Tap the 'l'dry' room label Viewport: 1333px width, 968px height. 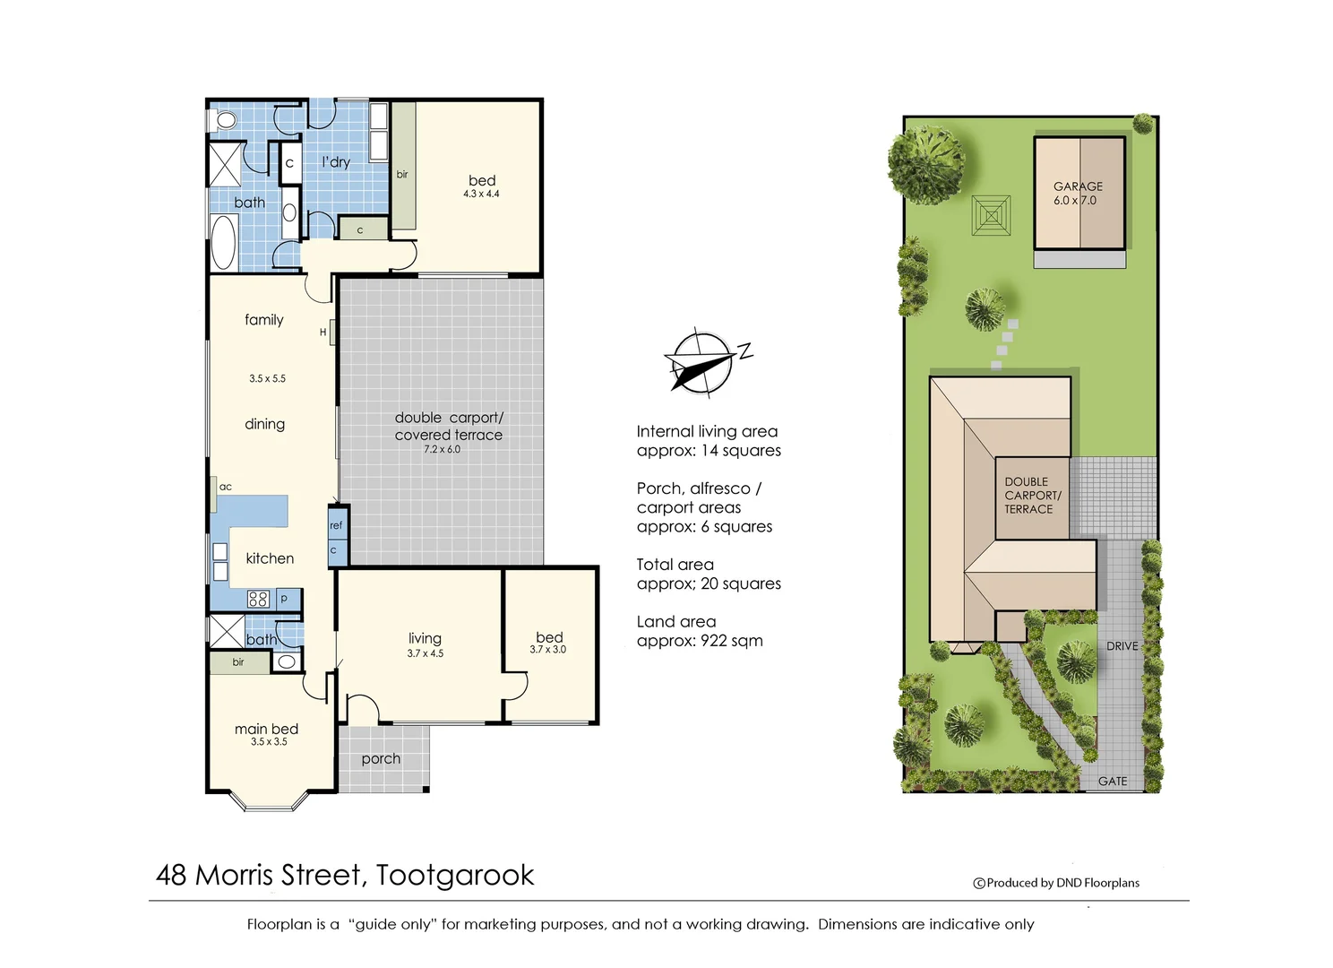(x=336, y=162)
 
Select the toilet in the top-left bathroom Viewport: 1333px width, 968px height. (x=223, y=120)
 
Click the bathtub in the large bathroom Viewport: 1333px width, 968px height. (x=223, y=242)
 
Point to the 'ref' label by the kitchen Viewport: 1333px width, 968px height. (x=336, y=525)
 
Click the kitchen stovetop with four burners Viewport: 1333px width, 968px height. (x=258, y=599)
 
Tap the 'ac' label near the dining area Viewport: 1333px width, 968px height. (x=226, y=487)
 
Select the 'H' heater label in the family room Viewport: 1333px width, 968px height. (x=322, y=333)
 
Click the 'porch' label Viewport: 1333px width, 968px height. (x=381, y=759)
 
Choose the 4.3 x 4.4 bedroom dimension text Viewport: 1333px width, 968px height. (x=481, y=194)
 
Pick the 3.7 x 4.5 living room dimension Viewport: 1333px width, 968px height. (x=425, y=653)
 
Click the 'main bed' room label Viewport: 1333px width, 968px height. (x=266, y=729)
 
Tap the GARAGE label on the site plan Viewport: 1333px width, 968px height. (x=1078, y=186)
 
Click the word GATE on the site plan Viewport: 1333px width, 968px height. (x=1113, y=781)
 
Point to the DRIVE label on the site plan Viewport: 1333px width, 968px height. (x=1122, y=646)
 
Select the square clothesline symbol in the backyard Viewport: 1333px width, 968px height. (x=991, y=215)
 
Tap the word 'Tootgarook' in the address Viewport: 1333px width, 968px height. (x=455, y=875)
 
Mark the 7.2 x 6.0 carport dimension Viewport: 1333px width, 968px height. (x=443, y=449)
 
